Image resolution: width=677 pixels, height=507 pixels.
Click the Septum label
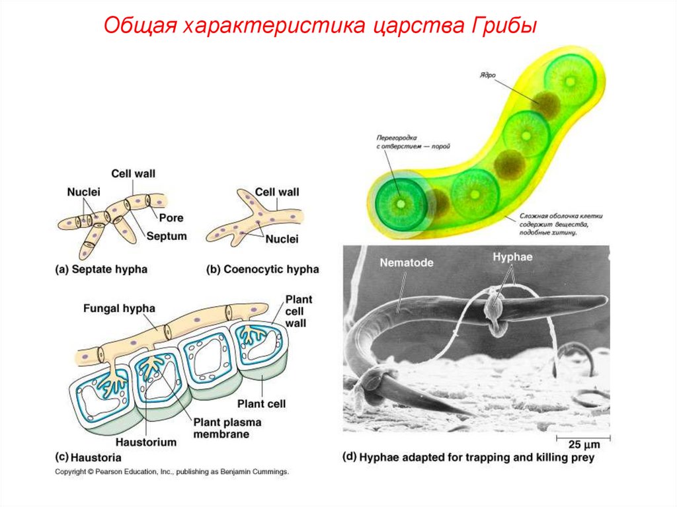click(167, 236)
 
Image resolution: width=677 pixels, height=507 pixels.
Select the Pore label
click(171, 217)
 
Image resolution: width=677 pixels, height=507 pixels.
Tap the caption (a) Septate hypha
click(100, 269)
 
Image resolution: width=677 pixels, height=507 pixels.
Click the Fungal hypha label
click(120, 308)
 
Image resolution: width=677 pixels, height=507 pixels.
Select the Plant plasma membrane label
click(227, 428)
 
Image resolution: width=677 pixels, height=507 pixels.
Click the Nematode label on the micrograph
click(407, 262)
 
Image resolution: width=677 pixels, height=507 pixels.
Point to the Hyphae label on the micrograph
click(509, 256)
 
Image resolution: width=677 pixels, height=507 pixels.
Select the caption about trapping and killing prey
click(469, 457)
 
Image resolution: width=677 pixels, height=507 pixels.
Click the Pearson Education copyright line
click(172, 473)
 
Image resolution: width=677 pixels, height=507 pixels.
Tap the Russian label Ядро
click(488, 75)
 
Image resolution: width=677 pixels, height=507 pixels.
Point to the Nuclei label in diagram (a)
click(83, 192)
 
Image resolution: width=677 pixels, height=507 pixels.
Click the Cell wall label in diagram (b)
click(277, 192)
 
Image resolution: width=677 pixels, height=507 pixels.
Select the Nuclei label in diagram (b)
click(282, 239)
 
